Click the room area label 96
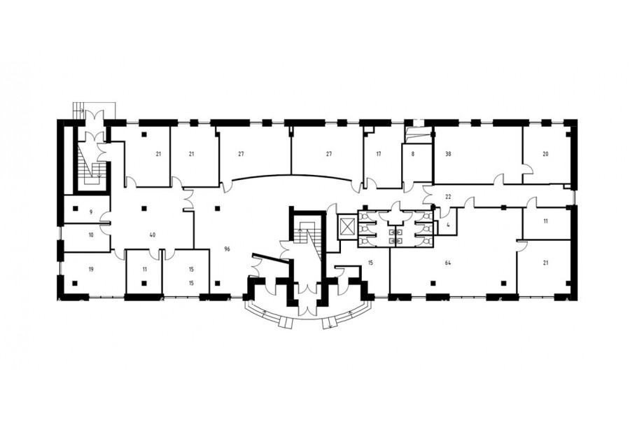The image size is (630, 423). pos(227,249)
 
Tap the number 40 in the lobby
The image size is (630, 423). pos(153,235)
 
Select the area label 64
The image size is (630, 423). pos(447,263)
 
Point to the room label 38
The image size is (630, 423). pos(449,153)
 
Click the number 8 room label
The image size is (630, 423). pos(413,153)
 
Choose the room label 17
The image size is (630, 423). pos(379,153)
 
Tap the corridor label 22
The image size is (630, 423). pos(449,197)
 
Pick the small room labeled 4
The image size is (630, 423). pos(448,226)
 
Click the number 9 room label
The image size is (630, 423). pos(91,211)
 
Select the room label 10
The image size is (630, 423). pos(91,235)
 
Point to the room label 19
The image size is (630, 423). pos(91,270)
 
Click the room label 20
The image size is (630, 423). pos(545,153)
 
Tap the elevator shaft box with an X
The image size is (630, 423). pos(346,227)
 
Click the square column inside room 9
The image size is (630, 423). pos(75,208)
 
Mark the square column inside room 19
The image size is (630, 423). pos(75,283)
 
